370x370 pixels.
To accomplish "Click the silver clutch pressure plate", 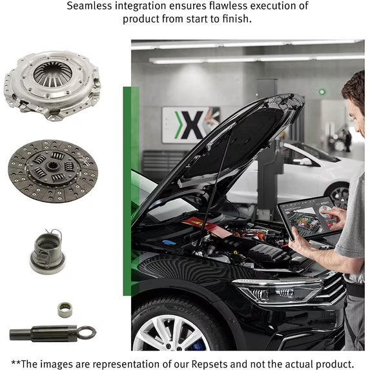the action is point(52,85).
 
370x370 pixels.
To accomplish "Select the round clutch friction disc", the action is point(53,171).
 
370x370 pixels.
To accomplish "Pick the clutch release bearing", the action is point(47,252).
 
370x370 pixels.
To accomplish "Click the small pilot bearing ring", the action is point(65,309).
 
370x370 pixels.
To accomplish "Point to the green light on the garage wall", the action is point(322,92).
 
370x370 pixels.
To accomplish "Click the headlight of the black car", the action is point(278,291).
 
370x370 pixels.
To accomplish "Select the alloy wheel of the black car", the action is point(170,333).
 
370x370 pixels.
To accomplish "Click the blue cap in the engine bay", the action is point(169,242).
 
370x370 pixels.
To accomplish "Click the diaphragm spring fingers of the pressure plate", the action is point(52,74).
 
